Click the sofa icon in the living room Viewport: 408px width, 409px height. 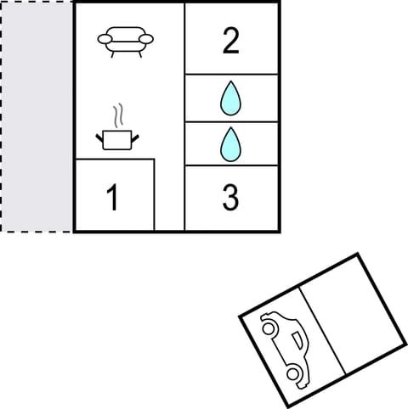point(126,40)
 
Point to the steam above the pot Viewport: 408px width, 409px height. point(120,115)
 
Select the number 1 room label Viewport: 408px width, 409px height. point(112,198)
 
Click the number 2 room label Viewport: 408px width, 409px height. point(230,42)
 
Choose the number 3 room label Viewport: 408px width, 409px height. point(230,198)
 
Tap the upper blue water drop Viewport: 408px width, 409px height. point(229,98)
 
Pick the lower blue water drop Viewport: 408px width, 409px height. point(229,144)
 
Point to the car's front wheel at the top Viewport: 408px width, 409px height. point(269,324)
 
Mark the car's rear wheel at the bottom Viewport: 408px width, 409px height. point(294,373)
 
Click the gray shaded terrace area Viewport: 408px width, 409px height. point(37,116)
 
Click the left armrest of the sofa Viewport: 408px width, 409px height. point(105,38)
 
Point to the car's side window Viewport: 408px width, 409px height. point(296,341)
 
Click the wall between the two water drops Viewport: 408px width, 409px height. point(231,121)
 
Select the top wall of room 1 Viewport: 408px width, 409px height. point(114,159)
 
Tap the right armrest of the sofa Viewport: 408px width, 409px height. point(148,38)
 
